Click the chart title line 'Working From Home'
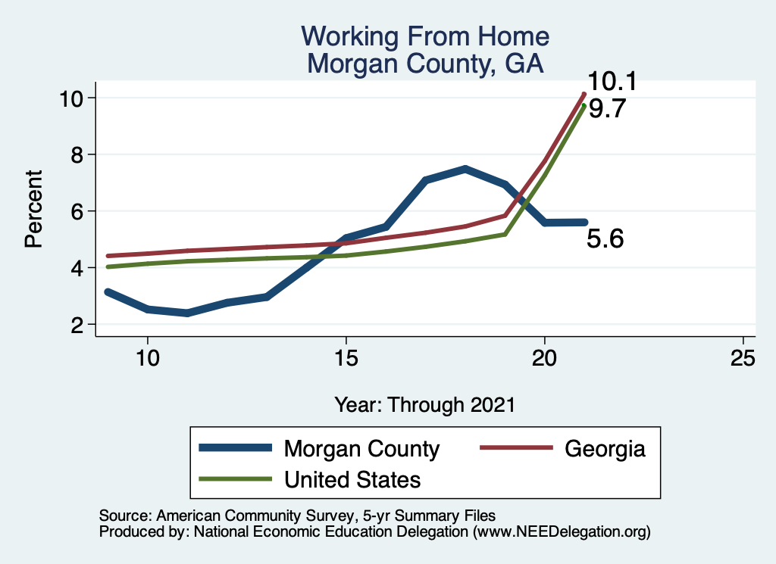coord(424,36)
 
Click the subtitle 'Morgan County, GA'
coord(424,63)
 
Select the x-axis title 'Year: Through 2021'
coord(424,404)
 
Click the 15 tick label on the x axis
coord(346,358)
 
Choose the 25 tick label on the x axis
coord(743,358)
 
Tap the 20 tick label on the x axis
coord(545,358)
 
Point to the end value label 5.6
coord(606,239)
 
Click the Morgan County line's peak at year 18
coord(465,169)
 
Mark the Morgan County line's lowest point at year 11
coord(186,313)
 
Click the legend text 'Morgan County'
coord(361,449)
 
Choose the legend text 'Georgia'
coord(605,449)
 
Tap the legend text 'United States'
coord(352,479)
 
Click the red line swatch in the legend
coord(515,449)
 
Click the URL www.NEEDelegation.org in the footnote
coord(562,532)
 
